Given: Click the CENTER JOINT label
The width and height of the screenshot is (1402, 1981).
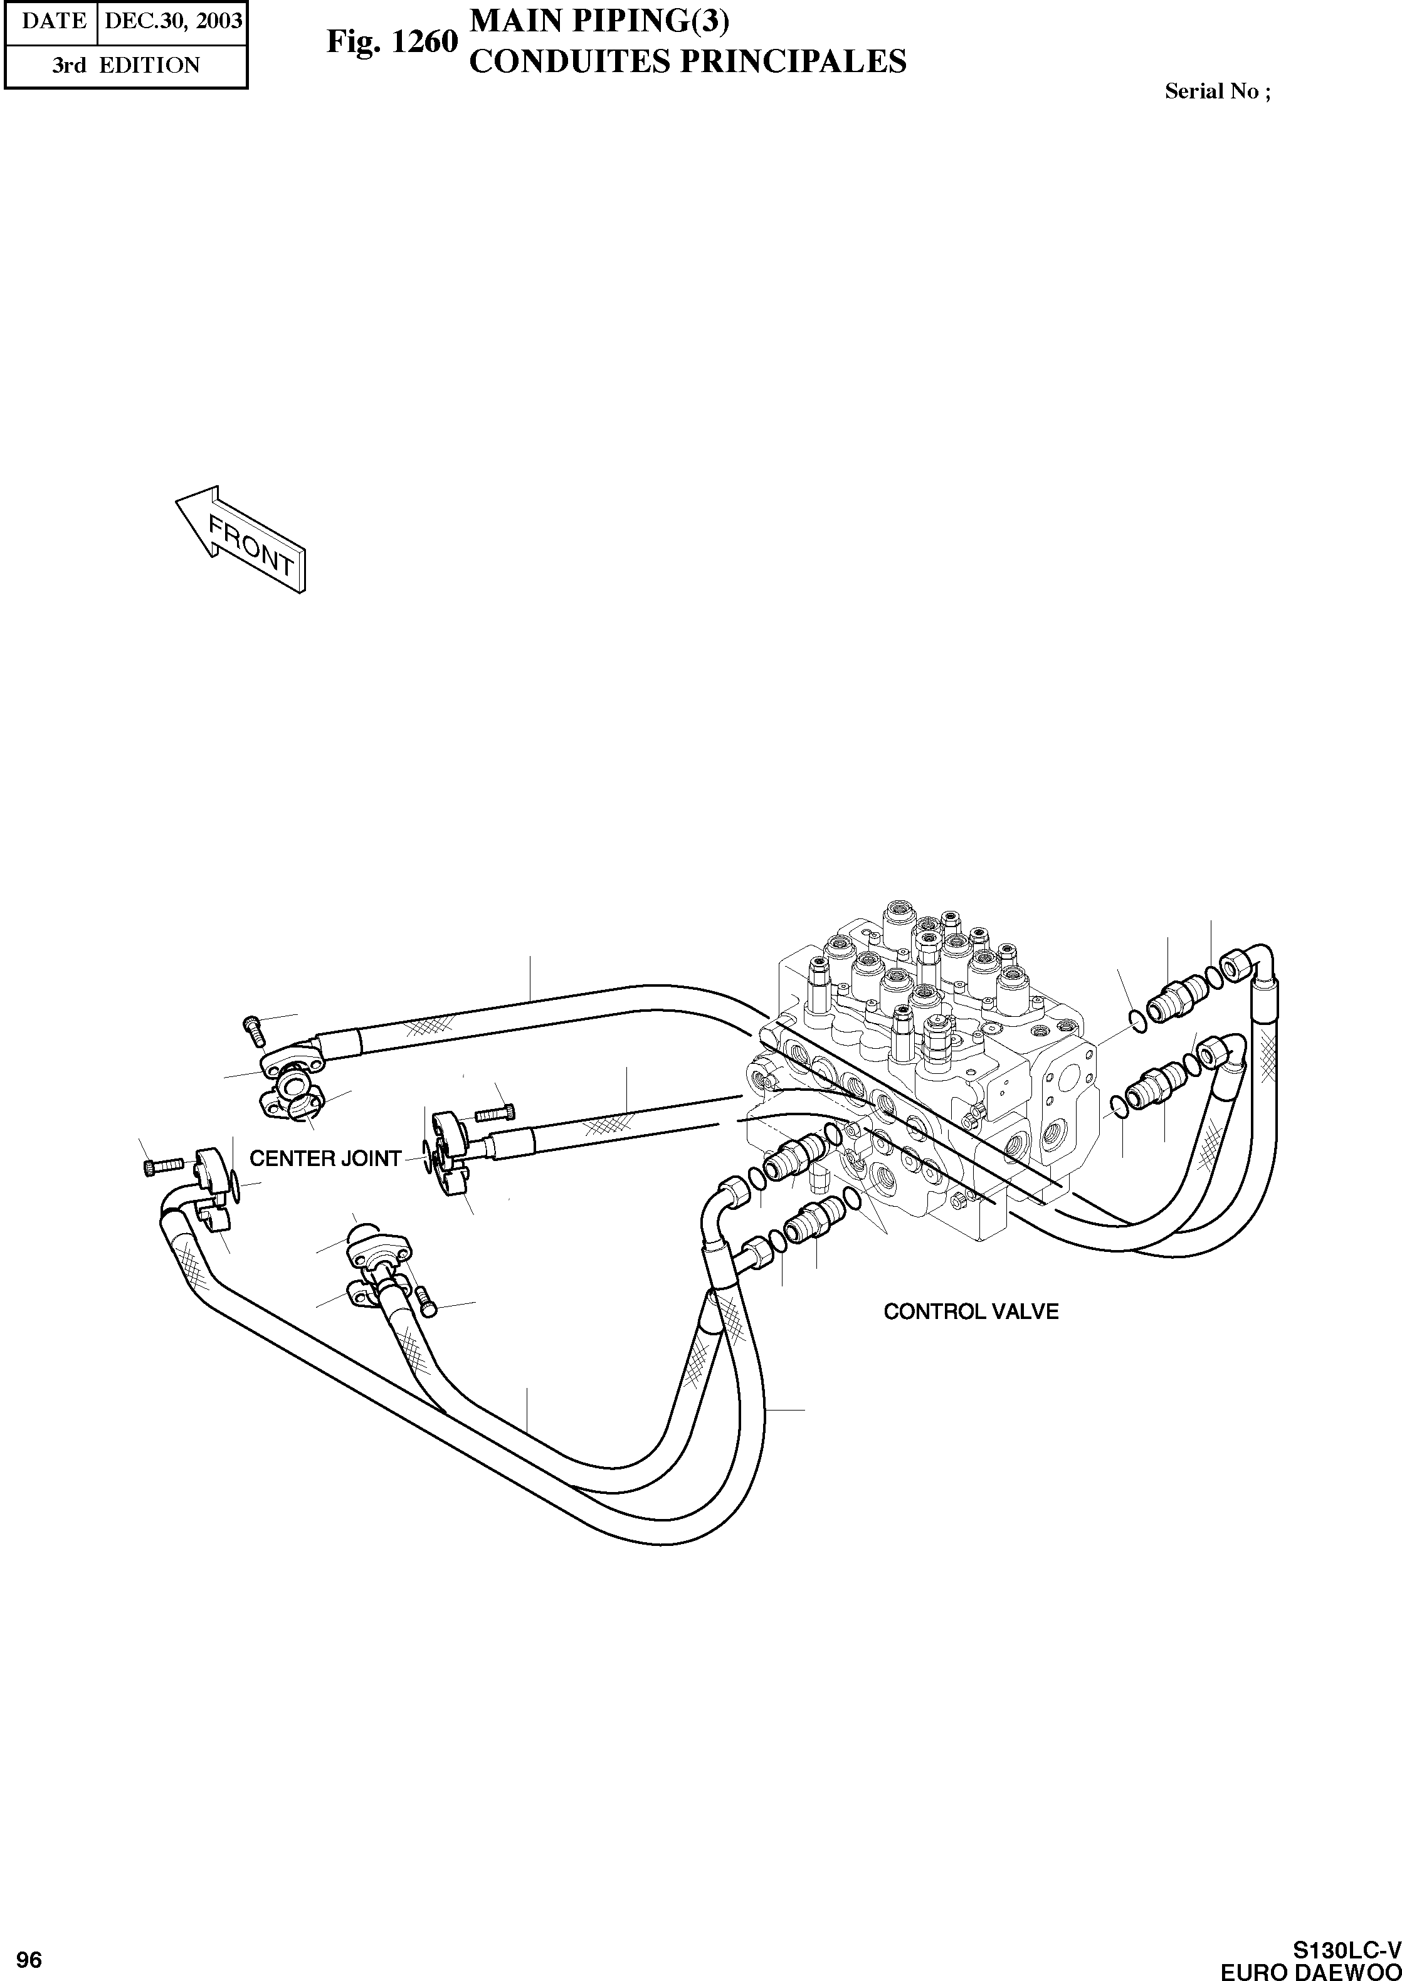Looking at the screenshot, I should click(325, 1159).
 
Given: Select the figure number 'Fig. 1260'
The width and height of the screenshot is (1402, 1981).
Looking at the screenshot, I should click(391, 42).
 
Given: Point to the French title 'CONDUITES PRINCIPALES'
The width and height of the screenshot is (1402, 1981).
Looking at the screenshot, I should click(687, 62).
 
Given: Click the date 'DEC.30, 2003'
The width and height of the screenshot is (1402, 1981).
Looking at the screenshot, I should click(172, 20).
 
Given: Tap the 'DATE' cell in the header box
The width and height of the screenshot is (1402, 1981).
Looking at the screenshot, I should click(53, 20).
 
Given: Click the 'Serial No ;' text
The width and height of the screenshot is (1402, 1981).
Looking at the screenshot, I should click(1217, 92).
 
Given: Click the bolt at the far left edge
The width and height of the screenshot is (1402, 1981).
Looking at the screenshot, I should click(161, 1167).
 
